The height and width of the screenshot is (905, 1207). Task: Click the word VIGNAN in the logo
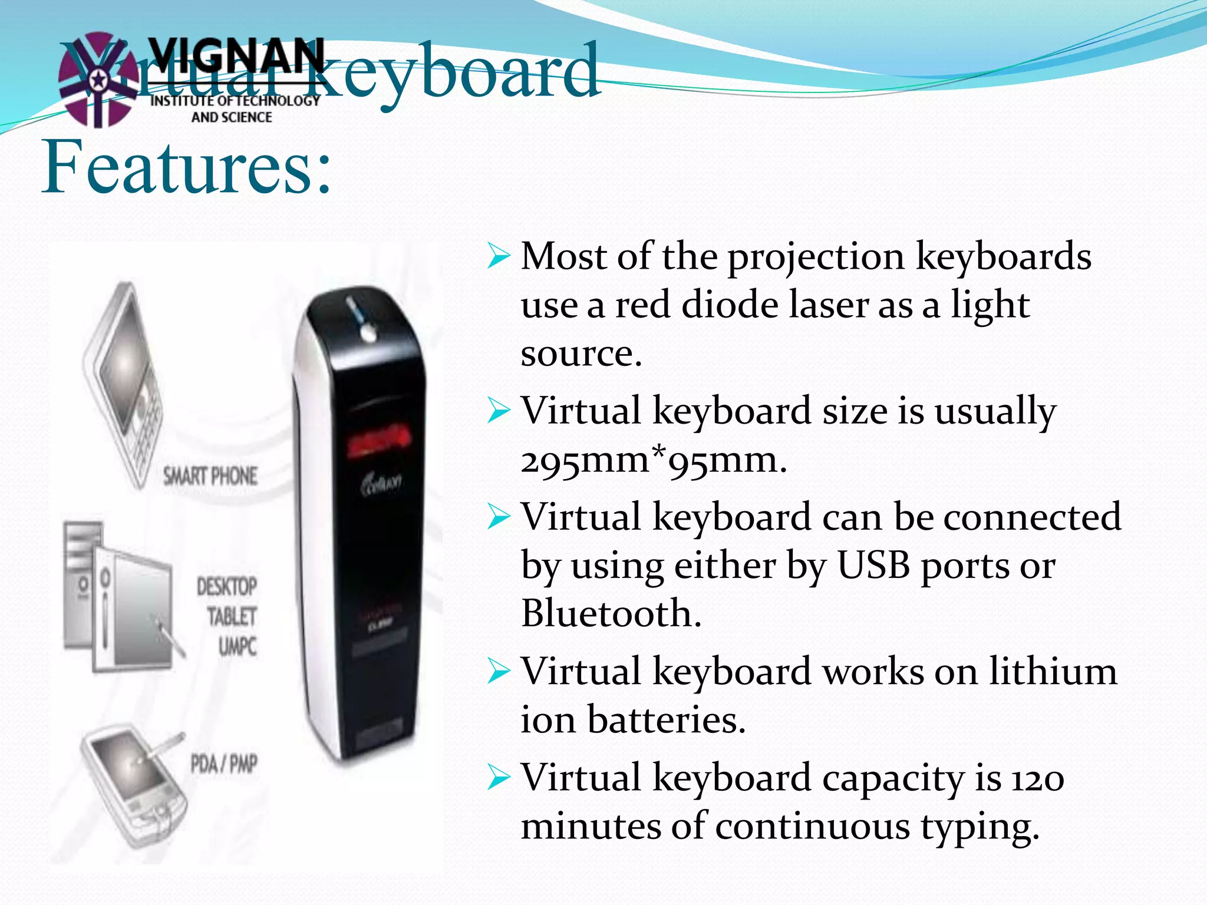[236, 56]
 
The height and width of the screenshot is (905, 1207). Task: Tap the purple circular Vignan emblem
[97, 80]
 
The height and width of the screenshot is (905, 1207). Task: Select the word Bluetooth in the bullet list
[611, 613]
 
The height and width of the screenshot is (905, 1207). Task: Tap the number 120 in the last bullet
[1038, 778]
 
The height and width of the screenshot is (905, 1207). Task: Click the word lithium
[1053, 671]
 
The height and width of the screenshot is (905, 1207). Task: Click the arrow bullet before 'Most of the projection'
[499, 257]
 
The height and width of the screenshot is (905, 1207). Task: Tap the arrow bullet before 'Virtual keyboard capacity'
[499, 778]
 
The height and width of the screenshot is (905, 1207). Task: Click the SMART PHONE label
[210, 476]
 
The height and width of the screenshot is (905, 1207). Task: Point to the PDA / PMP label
[224, 764]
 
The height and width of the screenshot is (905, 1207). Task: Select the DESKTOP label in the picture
[227, 587]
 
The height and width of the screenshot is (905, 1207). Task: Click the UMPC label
[238, 647]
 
